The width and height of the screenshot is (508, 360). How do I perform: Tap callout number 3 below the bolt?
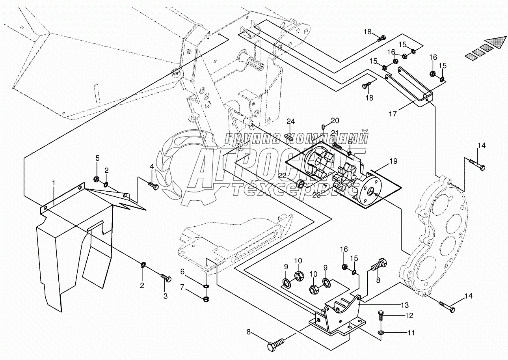165,295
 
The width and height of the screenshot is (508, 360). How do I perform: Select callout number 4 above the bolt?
151,167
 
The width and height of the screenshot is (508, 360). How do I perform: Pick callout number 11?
411,333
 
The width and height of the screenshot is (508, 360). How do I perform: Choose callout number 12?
409,315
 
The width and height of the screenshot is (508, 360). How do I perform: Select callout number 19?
393,161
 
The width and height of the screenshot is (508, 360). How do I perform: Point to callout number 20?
335,120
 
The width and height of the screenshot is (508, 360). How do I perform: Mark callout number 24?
290,121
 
